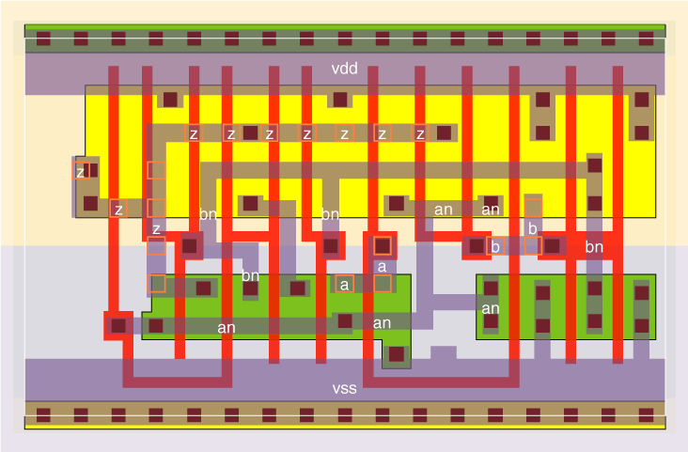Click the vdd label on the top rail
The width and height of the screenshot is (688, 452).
[x=345, y=69]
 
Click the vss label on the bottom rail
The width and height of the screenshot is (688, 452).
[x=345, y=387]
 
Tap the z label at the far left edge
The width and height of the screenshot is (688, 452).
[x=80, y=172]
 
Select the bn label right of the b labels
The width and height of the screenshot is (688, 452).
[x=593, y=247]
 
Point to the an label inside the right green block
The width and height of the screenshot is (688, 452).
[x=491, y=308]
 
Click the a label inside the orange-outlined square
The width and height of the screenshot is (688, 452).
[x=345, y=284]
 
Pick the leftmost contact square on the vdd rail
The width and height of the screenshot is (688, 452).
[x=43, y=39]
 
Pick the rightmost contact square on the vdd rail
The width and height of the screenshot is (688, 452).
[x=646, y=39]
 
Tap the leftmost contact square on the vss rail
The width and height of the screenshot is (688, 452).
[x=43, y=413]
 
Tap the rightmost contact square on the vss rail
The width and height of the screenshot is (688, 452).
[x=646, y=413]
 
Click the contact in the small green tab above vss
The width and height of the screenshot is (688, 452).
[x=397, y=354]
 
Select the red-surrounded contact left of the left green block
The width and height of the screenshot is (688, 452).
[x=118, y=325]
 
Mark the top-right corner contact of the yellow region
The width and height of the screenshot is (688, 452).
[x=641, y=99]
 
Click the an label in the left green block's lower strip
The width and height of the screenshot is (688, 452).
[x=226, y=327]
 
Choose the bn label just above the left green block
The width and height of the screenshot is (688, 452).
[x=250, y=276]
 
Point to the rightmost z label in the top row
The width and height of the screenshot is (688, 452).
[x=420, y=133]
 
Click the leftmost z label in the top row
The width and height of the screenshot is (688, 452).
[x=194, y=133]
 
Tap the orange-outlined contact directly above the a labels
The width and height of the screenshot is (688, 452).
[x=382, y=245]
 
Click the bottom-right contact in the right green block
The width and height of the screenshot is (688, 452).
[x=641, y=326]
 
